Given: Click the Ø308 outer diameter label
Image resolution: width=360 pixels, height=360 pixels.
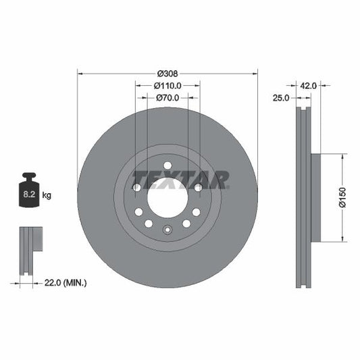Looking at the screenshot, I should tap(168, 73).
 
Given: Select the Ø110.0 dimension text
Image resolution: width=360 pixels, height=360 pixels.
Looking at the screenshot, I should tap(168, 86).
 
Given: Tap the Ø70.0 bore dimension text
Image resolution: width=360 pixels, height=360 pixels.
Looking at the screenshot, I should tap(168, 98).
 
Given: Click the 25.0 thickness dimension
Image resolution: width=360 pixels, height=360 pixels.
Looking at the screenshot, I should tap(281, 98).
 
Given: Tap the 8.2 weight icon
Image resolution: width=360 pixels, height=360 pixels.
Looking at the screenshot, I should tap(29, 194).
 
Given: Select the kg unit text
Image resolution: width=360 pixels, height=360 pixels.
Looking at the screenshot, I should tap(47, 195).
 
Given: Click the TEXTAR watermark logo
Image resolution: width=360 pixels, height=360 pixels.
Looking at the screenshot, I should tap(180, 180).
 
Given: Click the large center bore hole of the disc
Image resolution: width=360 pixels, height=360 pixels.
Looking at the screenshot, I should tap(167, 201).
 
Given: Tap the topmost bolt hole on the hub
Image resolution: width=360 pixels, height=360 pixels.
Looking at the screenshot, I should tap(167, 165).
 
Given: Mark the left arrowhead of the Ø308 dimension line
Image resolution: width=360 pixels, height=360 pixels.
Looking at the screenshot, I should tap(80, 73).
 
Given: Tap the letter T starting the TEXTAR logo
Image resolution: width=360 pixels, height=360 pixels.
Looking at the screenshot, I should tap(138, 180).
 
